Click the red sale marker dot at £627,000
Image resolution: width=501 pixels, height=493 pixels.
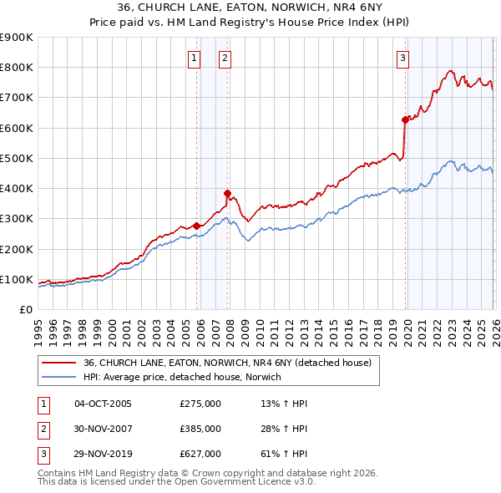click(x=405, y=119)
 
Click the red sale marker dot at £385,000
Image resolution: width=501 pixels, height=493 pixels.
click(x=227, y=193)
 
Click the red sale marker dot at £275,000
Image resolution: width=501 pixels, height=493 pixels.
click(x=196, y=226)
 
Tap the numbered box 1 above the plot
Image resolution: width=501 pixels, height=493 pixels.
click(x=194, y=58)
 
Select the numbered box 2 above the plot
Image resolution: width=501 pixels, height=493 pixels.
click(x=225, y=58)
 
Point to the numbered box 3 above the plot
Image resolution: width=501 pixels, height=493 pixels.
click(x=402, y=58)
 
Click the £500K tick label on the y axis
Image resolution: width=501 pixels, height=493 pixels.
click(x=16, y=158)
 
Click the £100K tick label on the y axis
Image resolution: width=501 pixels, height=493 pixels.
click(x=16, y=279)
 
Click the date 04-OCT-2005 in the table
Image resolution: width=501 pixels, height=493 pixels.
click(x=103, y=404)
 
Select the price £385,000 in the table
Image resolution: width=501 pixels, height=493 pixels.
click(x=200, y=429)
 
